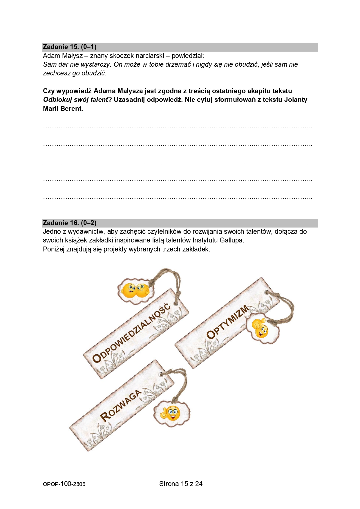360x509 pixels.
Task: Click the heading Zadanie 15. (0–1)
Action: (70, 47)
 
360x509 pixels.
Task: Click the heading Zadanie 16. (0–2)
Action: (70, 223)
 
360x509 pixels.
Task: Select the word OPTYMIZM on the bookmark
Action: (227, 322)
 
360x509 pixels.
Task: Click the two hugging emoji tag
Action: (135, 290)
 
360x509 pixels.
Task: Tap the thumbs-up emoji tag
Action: (260, 329)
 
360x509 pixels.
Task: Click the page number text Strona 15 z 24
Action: (181, 484)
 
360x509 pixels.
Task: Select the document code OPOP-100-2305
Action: (64, 484)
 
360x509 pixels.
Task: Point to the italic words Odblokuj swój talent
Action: (75, 100)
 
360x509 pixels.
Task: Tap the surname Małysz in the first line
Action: (72, 56)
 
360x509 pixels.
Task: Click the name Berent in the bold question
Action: (73, 109)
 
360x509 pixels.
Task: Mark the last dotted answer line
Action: (178, 198)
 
